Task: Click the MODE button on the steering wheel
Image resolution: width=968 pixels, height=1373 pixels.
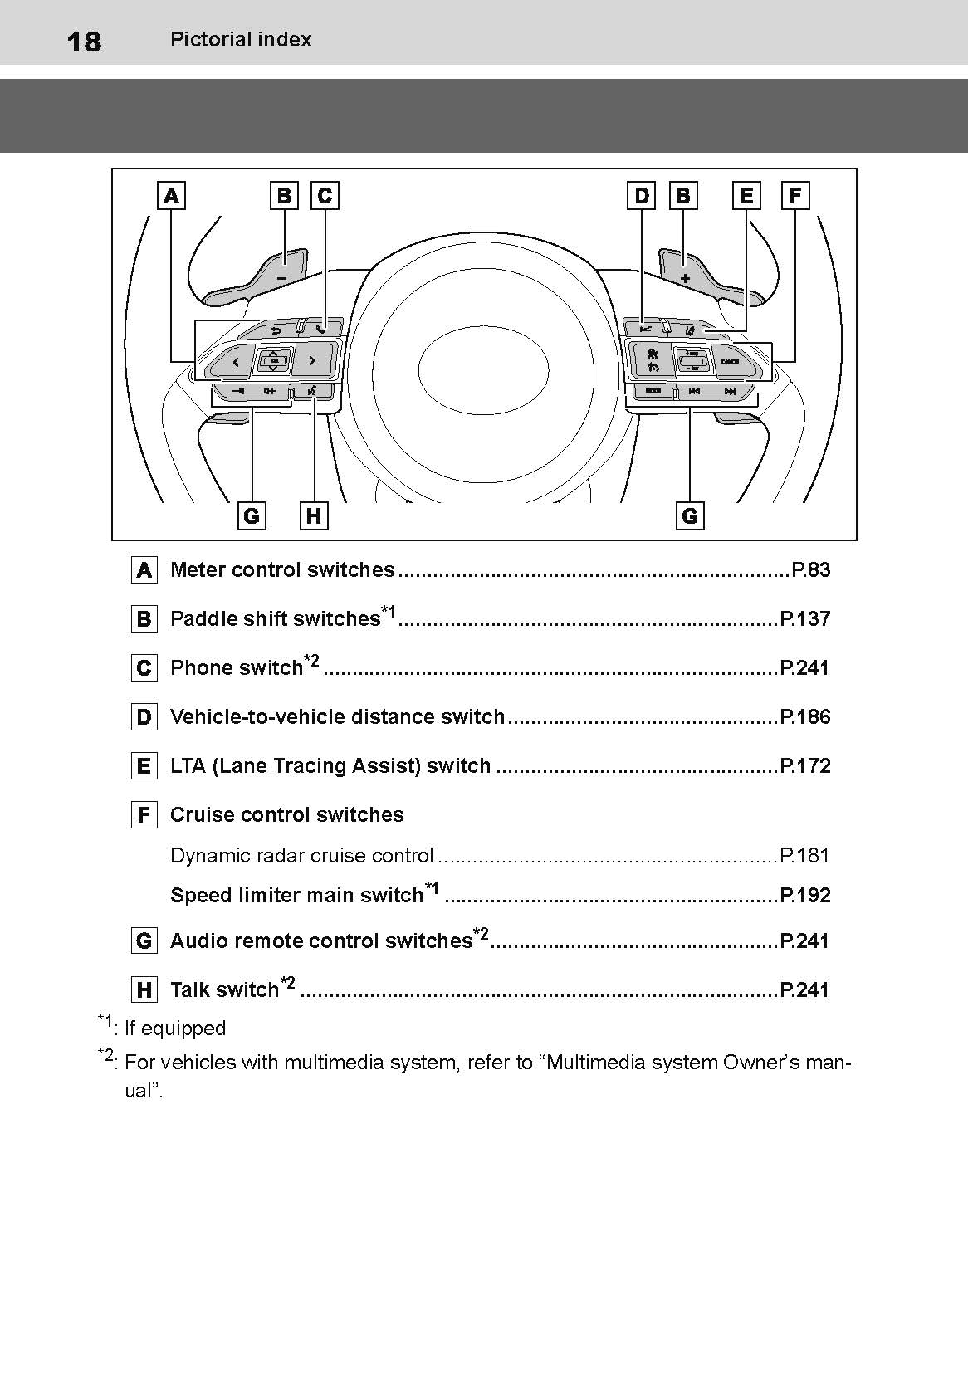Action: (653, 391)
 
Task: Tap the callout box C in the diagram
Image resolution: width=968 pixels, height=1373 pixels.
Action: (325, 196)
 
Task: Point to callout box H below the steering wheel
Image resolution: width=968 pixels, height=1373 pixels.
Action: (313, 516)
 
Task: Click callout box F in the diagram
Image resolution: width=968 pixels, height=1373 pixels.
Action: (794, 196)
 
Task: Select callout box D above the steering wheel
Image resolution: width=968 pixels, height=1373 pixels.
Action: (642, 196)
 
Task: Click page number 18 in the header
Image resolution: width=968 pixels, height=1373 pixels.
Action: (84, 41)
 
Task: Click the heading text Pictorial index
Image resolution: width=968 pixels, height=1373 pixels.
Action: (241, 39)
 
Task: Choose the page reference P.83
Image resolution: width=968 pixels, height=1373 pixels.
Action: (810, 570)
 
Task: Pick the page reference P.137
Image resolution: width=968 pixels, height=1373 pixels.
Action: (804, 619)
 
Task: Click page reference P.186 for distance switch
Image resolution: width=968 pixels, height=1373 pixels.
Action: (804, 717)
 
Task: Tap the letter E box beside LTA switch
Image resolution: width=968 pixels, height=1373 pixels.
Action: (144, 766)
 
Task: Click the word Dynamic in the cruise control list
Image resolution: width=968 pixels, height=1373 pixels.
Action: (202, 856)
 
